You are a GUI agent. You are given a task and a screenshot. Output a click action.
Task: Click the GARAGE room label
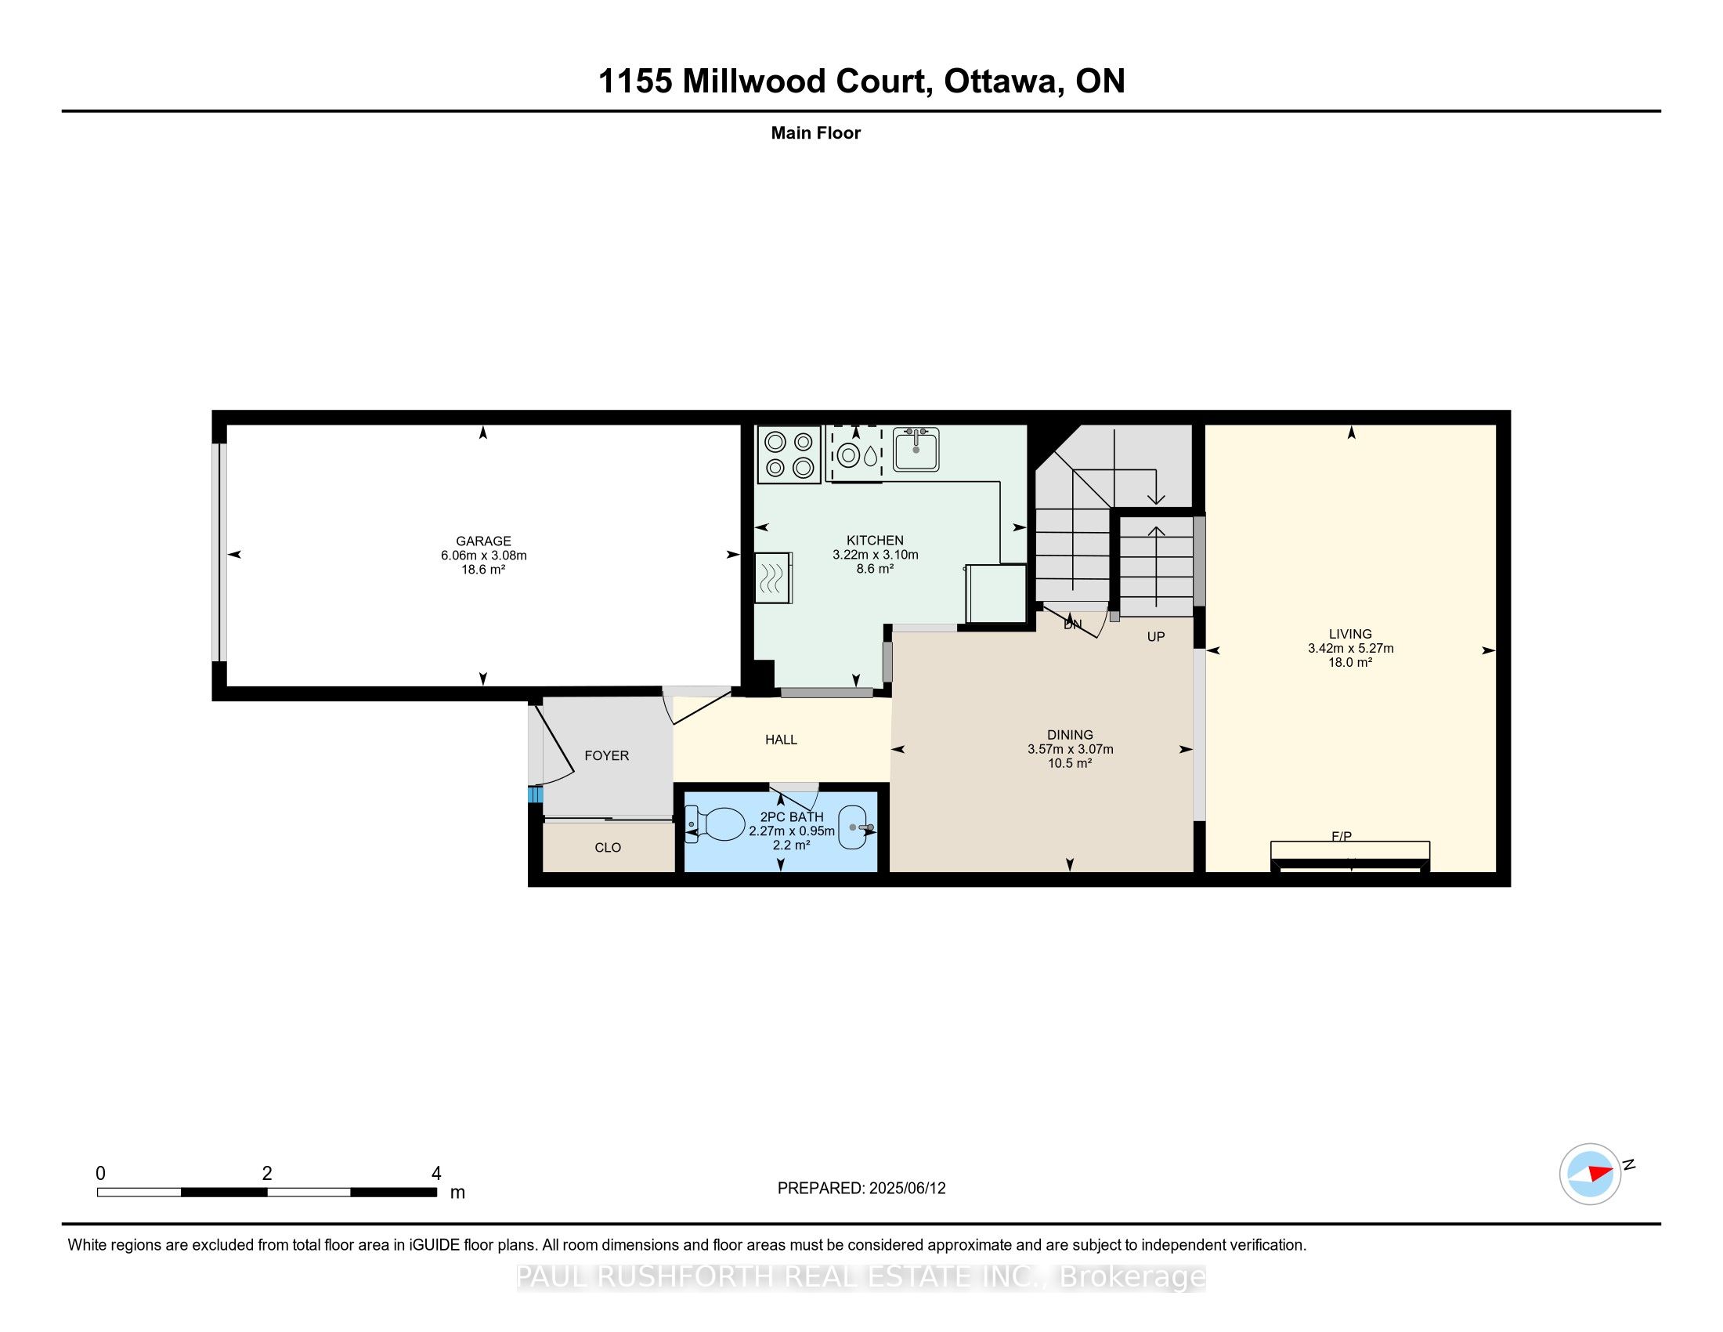pyautogui.click(x=482, y=541)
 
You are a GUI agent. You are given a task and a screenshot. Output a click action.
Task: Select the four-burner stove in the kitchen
pyautogui.click(x=788, y=454)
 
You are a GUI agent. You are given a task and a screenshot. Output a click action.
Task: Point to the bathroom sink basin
pyautogui.click(x=856, y=827)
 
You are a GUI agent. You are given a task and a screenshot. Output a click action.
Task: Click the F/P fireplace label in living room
pyautogui.click(x=1341, y=836)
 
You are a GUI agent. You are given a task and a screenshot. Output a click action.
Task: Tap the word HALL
pyautogui.click(x=781, y=740)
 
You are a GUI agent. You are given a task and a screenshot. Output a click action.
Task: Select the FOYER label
pyautogui.click(x=606, y=755)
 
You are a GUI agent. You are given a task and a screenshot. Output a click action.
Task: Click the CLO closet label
pyautogui.click(x=608, y=848)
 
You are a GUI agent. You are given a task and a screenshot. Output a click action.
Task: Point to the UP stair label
pyautogui.click(x=1155, y=636)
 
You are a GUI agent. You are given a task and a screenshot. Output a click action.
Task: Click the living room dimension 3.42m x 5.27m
pyautogui.click(x=1350, y=648)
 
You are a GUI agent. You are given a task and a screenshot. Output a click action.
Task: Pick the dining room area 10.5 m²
pyautogui.click(x=1069, y=763)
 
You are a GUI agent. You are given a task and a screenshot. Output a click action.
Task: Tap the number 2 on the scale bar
pyautogui.click(x=266, y=1174)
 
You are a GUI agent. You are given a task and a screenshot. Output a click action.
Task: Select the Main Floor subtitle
pyautogui.click(x=815, y=132)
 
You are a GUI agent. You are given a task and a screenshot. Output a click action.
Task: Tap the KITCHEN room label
pyautogui.click(x=874, y=541)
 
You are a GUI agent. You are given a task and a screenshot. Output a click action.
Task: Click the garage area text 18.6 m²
pyautogui.click(x=482, y=569)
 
